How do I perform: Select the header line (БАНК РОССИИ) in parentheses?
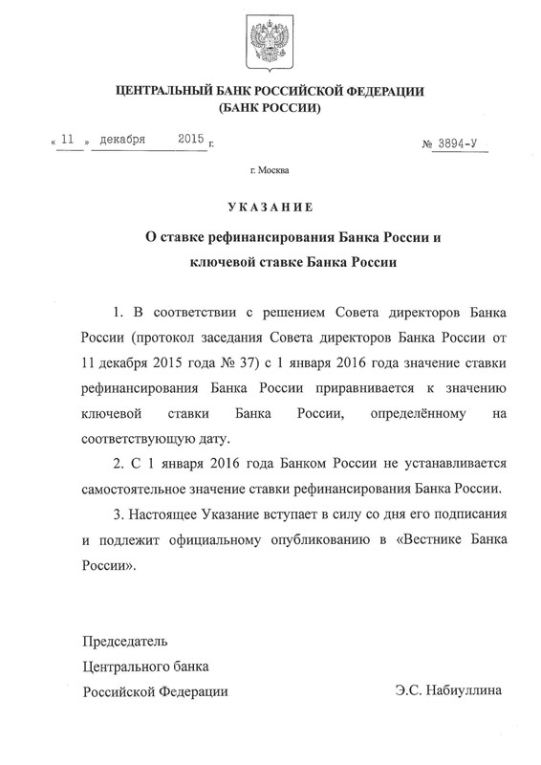coord(270,109)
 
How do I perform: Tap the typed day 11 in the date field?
coord(67,139)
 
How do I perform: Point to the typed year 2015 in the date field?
coord(191,139)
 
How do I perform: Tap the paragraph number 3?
coord(117,514)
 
